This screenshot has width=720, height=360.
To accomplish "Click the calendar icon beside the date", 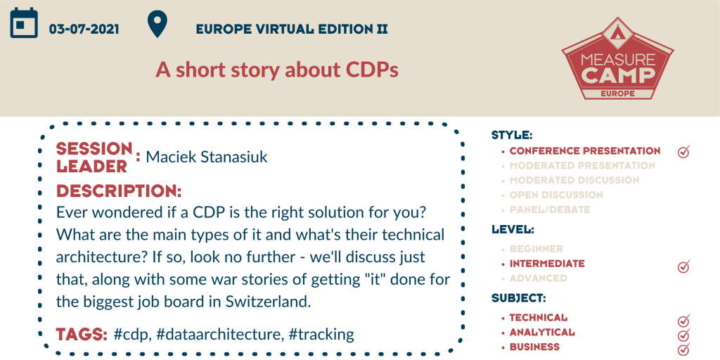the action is tap(24, 22).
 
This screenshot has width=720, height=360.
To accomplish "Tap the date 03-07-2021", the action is tap(84, 30).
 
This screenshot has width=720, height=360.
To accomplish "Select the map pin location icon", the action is tap(157, 25).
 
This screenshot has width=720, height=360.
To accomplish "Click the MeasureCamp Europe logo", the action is tap(617, 58).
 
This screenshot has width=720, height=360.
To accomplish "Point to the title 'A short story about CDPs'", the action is tap(277, 70).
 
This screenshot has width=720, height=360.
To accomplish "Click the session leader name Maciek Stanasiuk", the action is tap(207, 157).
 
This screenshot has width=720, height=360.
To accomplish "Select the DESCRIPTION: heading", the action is tap(119, 191).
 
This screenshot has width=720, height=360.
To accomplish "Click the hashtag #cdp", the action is tap(132, 334).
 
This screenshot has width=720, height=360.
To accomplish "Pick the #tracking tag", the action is tap(321, 334).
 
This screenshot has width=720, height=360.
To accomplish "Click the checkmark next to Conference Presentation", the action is tap(683, 152).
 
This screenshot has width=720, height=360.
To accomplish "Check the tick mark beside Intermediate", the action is tap(683, 265).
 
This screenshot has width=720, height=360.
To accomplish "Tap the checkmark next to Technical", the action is tap(683, 320).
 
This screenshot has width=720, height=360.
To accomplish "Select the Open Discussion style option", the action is tap(556, 195).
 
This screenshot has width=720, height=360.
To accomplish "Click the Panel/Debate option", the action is tap(544, 210).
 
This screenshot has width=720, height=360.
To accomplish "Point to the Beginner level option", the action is tap(536, 249).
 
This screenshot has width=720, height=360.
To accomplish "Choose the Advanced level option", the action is tap(538, 278).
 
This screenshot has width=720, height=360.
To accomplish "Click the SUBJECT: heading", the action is tap(519, 298).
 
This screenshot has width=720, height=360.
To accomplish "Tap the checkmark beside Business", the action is tap(683, 349).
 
